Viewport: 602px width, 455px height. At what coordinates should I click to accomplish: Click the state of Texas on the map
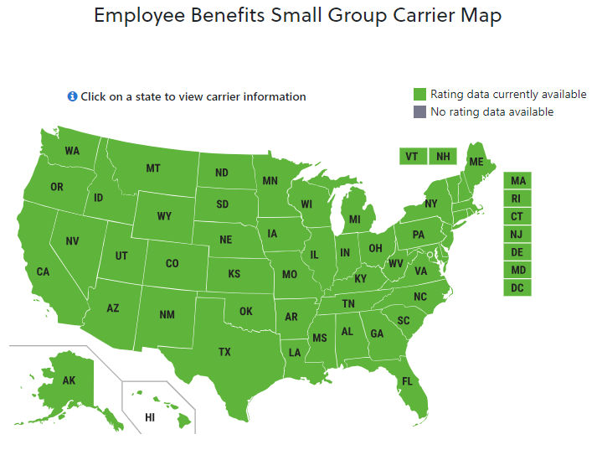pyautogui.click(x=224, y=352)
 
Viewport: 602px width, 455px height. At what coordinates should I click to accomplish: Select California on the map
pyautogui.click(x=43, y=271)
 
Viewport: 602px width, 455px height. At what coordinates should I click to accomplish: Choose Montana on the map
pyautogui.click(x=153, y=168)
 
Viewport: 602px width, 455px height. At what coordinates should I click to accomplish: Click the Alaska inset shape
pyautogui.click(x=69, y=380)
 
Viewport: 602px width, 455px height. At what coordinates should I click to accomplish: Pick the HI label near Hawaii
pyautogui.click(x=150, y=416)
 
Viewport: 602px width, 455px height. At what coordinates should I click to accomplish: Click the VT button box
pyautogui.click(x=412, y=157)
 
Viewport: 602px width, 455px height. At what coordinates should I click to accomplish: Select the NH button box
pyautogui.click(x=443, y=157)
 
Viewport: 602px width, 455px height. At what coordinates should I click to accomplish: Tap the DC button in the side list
pyautogui.click(x=517, y=288)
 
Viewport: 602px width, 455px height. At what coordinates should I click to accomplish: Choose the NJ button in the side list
pyautogui.click(x=517, y=235)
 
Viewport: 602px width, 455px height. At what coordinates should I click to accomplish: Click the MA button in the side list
pyautogui.click(x=517, y=181)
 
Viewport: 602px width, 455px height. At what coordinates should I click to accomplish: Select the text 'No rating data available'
pyautogui.click(x=491, y=111)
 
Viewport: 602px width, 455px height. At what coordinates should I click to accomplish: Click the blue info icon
pyautogui.click(x=72, y=96)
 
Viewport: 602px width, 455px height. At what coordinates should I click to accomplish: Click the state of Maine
pyautogui.click(x=476, y=161)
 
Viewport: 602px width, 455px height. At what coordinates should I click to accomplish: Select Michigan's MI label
pyautogui.click(x=355, y=220)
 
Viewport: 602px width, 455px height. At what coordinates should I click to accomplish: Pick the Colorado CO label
pyautogui.click(x=172, y=263)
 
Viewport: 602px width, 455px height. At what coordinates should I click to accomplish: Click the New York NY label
pyautogui.click(x=431, y=204)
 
